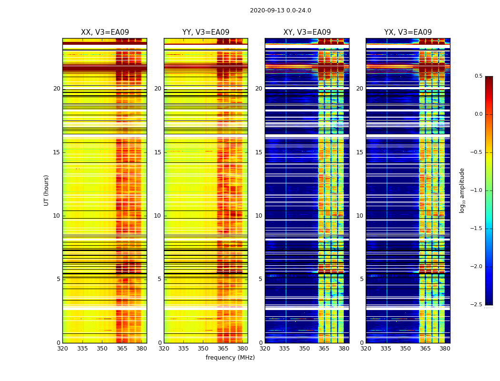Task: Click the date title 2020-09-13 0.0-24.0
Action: (x=280, y=10)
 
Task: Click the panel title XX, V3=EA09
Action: (x=105, y=32)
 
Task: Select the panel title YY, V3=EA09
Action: (x=206, y=32)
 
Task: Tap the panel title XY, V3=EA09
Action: (x=307, y=32)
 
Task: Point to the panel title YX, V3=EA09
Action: (x=408, y=32)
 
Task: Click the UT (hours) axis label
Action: (x=47, y=190)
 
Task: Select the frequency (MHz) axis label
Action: (x=230, y=358)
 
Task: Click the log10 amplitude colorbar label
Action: (x=462, y=190)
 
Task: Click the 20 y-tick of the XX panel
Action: (x=57, y=89)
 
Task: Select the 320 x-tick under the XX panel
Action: (x=62, y=349)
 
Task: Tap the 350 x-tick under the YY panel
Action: (x=203, y=349)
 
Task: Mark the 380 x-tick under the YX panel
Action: (x=445, y=349)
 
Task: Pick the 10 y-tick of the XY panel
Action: (x=259, y=216)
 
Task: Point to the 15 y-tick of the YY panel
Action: (x=158, y=152)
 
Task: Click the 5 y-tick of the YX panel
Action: (x=361, y=279)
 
